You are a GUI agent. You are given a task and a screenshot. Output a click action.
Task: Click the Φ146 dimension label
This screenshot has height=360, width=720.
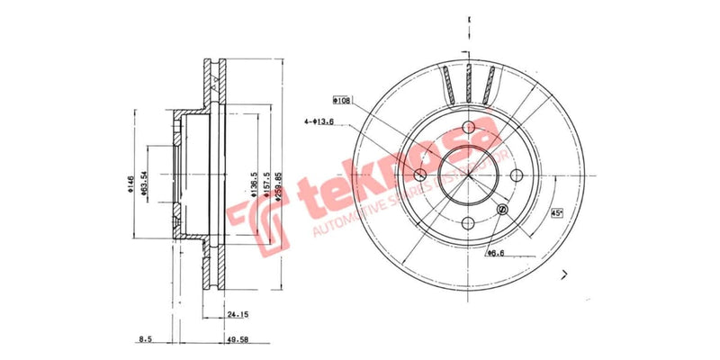click(130, 186)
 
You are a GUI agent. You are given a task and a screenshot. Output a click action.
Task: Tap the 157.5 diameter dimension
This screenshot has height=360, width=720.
click(266, 186)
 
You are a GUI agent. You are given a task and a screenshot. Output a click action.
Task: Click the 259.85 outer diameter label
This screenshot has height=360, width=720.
click(280, 186)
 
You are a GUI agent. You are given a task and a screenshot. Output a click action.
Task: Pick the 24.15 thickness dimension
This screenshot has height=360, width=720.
click(237, 316)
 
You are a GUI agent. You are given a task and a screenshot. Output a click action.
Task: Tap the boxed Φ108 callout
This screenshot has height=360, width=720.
click(342, 100)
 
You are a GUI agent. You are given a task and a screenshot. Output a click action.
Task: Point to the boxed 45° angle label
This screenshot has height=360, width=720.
click(558, 213)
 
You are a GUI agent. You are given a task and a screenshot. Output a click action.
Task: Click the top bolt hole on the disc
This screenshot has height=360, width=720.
click(468, 128)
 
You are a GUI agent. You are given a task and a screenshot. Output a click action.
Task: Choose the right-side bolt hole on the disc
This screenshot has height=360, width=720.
click(517, 176)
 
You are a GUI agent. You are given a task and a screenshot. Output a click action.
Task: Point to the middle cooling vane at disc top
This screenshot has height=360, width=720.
click(468, 84)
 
